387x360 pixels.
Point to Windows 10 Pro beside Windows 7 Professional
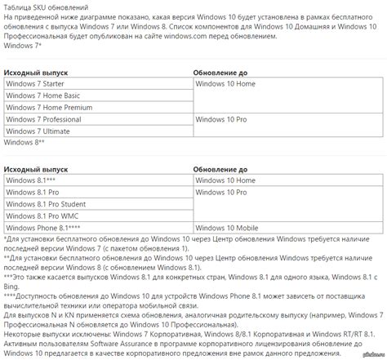(x=221, y=118)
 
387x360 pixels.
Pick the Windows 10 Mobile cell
(x=226, y=228)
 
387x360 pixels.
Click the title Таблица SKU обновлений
(x=48, y=6)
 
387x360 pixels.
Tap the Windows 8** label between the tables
(x=24, y=142)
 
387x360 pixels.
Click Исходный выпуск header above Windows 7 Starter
(x=37, y=72)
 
